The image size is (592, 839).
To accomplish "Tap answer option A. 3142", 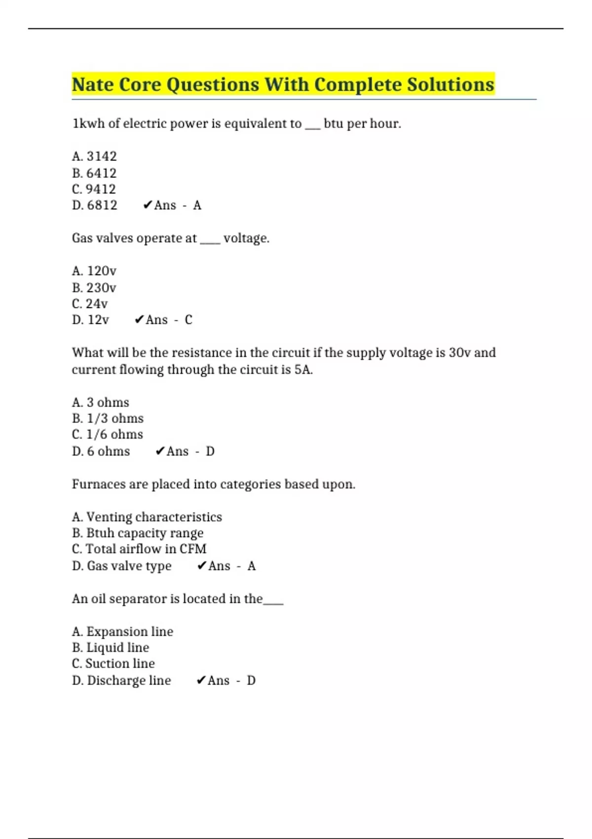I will pos(94,156).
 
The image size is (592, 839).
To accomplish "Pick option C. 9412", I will pos(94,189).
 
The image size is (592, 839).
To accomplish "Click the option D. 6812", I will pos(94,205).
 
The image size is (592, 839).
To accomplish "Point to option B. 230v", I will pos(94,288).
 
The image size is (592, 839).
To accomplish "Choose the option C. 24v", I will pos(90,304).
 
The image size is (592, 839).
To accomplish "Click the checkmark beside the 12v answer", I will pos(139,320).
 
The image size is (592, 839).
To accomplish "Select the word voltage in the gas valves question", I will pos(246,238).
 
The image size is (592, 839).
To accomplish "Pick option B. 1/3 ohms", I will pos(108,419).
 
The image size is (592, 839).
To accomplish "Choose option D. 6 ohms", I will pos(101,451).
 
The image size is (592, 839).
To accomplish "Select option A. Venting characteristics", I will pos(147,517).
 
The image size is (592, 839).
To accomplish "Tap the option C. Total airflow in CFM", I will pos(139,549).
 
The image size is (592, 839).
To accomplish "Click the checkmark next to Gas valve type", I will pos(201,566).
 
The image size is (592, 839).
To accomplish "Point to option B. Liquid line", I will pos(110,648).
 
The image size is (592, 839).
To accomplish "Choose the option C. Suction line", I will pos(113,664).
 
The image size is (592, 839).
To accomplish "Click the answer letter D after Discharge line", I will pos(251,681).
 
